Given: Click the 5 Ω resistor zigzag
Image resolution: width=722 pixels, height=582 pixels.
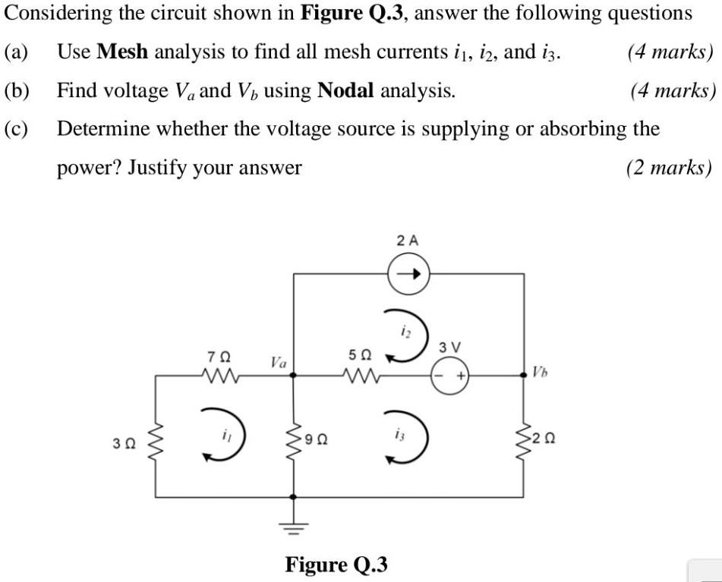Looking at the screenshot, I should [360, 374].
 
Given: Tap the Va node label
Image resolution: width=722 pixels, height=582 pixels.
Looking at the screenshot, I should [278, 363].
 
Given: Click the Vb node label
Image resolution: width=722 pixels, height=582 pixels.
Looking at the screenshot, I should [540, 372].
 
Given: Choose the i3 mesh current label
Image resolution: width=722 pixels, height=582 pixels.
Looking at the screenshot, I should [400, 435].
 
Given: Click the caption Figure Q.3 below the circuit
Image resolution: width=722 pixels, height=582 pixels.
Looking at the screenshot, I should [336, 565].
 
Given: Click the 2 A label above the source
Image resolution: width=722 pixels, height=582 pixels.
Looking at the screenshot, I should [408, 240].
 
